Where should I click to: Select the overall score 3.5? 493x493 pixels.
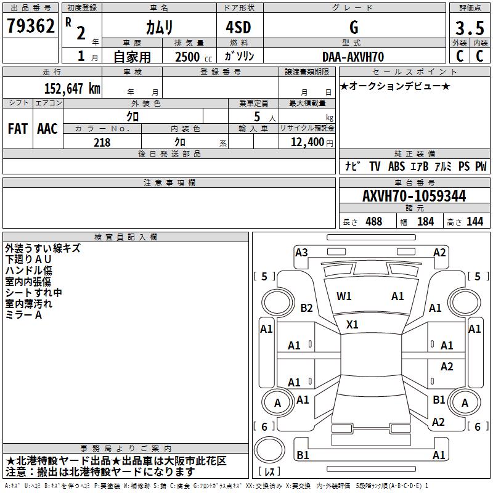click(468, 28)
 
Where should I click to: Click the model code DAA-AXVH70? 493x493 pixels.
click(353, 57)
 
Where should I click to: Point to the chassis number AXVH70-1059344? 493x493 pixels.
click(414, 197)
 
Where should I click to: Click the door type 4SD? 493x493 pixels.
click(240, 28)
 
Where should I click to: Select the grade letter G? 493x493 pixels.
click(353, 28)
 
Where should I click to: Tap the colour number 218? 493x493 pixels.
click(102, 142)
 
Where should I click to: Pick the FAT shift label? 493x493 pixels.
click(17, 129)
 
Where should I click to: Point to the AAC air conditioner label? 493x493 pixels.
click(47, 129)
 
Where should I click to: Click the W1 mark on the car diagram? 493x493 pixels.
click(344, 296)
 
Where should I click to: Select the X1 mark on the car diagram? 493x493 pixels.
click(352, 324)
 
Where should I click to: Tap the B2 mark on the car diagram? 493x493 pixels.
click(306, 308)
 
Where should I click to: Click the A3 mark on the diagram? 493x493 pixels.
click(301, 252)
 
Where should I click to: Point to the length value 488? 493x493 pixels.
click(373, 222)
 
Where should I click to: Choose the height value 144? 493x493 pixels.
click(475, 222)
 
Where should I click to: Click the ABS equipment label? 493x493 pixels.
click(396, 166)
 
